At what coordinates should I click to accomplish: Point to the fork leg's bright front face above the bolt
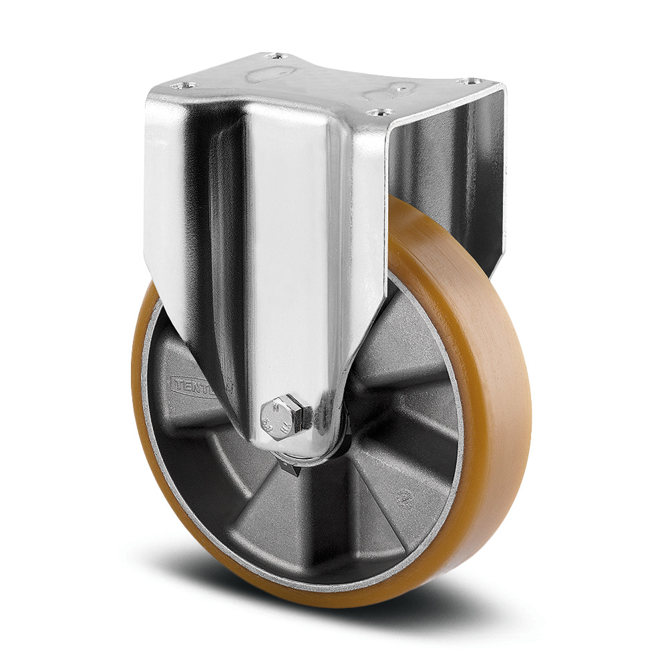coord(294,267)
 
